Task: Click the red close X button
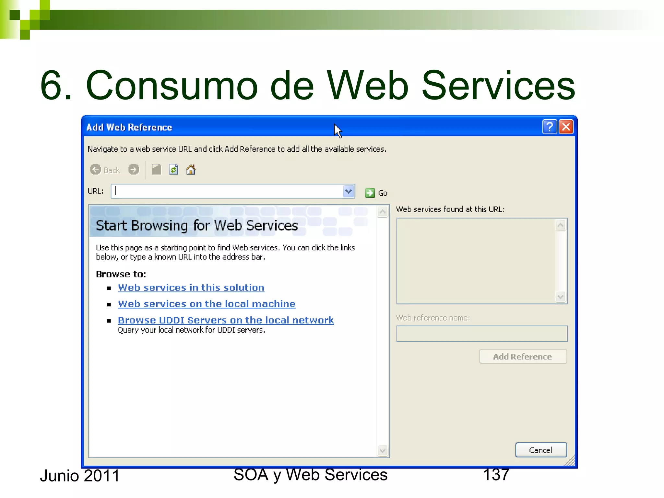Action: (x=566, y=127)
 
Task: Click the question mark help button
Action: (x=550, y=127)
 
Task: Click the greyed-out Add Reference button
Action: (x=523, y=357)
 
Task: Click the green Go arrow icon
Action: (x=370, y=193)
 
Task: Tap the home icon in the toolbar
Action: (x=191, y=170)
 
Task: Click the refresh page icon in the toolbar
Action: (x=173, y=170)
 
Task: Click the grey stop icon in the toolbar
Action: (x=156, y=170)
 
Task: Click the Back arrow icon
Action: (x=96, y=170)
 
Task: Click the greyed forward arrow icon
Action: (x=134, y=170)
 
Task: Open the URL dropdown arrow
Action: (x=349, y=191)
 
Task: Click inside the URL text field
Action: (x=227, y=191)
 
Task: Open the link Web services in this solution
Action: (x=191, y=288)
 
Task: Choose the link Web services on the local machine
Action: (x=207, y=304)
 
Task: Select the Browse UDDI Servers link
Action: (x=226, y=320)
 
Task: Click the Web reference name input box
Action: (x=482, y=334)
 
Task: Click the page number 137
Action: (x=496, y=475)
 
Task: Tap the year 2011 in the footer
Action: (x=101, y=476)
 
